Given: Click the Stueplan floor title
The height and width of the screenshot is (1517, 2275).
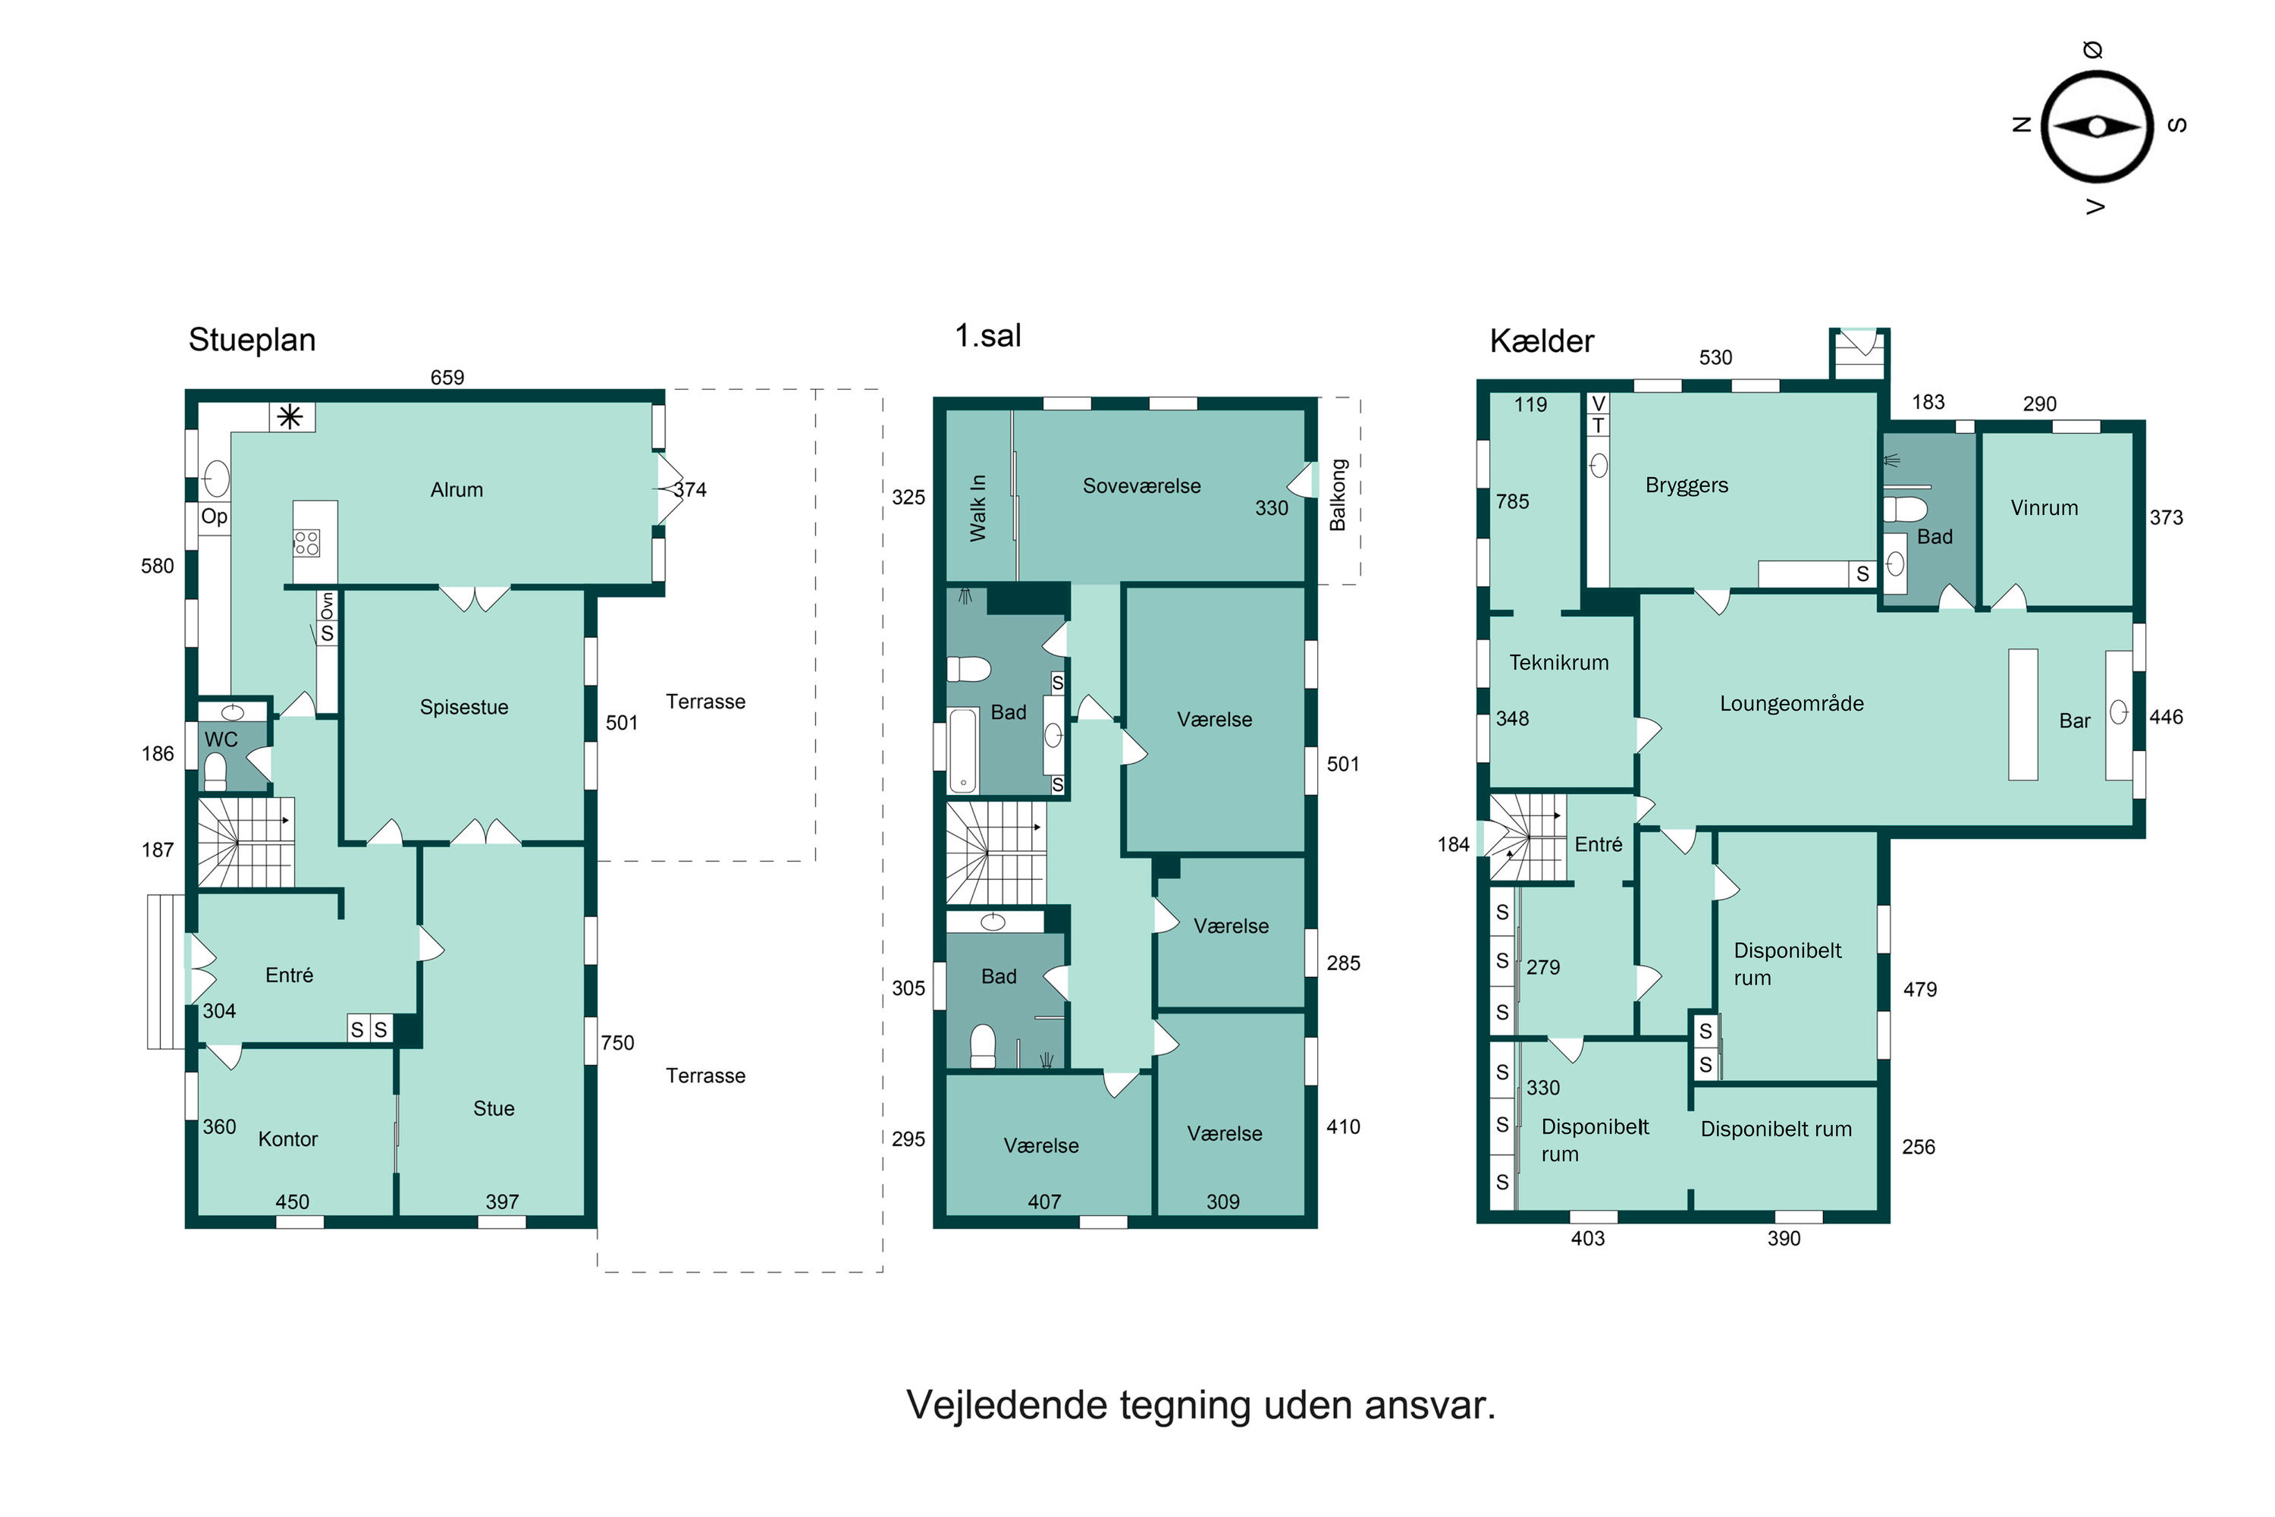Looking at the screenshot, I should point(252,340).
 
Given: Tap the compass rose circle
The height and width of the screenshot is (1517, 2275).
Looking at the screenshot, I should point(2096,127).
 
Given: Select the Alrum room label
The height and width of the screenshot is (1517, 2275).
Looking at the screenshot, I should point(457,489).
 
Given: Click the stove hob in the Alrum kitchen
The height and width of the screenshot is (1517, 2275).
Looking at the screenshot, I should point(306,543).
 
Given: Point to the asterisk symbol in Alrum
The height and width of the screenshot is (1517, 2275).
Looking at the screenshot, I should point(290,417).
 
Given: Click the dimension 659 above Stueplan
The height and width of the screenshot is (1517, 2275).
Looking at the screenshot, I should point(447,377).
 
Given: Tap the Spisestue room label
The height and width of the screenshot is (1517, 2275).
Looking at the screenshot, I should point(463,707).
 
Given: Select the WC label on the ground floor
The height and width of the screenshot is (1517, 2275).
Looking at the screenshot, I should point(221,739).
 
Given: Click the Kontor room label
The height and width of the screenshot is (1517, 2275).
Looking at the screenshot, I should point(287,1139).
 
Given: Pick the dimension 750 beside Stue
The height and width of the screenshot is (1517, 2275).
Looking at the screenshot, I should point(617,1043).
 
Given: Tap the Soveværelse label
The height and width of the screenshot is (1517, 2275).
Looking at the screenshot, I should point(1141,485).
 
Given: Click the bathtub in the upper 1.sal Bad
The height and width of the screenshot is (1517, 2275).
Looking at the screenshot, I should point(963,750).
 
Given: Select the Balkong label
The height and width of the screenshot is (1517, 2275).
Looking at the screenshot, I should point(1338,495).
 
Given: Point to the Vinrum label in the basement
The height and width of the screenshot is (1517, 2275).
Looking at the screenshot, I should point(2044,508).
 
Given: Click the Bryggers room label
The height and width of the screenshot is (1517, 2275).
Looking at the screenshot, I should point(1686,485).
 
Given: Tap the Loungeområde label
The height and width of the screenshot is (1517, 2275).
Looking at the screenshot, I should point(1791,703).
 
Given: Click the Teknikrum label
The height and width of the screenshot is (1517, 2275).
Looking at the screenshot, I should point(1558,663).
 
